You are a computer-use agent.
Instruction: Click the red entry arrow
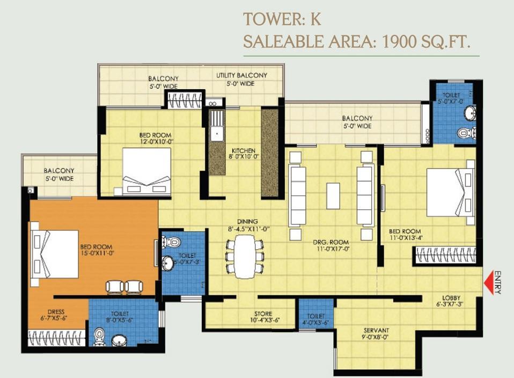click(x=488, y=281)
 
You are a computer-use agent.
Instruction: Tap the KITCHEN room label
click(x=244, y=150)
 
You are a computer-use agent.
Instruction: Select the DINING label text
click(x=247, y=221)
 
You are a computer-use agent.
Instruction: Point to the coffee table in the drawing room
click(x=333, y=195)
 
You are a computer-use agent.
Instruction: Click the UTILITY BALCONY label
click(x=241, y=76)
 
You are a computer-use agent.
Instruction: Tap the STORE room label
click(x=263, y=314)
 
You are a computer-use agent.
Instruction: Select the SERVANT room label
click(x=376, y=330)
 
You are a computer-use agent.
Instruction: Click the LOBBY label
click(x=451, y=298)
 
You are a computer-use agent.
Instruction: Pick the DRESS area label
click(x=56, y=312)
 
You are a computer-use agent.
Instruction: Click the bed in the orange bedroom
click(x=55, y=254)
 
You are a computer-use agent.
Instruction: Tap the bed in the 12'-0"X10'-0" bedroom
click(x=146, y=172)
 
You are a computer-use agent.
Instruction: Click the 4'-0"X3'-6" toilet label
click(x=316, y=319)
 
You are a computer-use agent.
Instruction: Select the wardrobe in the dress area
click(x=57, y=338)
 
